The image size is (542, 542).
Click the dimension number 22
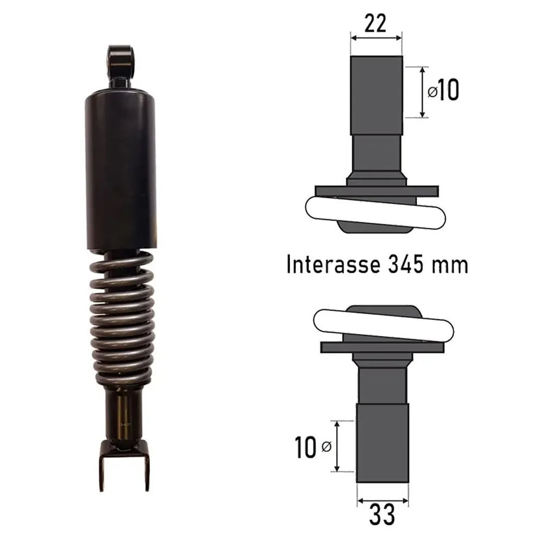pos(376,24)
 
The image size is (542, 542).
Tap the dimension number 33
pos(382,515)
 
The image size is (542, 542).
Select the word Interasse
pos(333,264)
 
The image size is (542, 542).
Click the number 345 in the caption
pos(405,264)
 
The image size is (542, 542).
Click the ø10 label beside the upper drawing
pos(443,90)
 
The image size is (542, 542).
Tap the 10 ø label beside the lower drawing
pos(313,447)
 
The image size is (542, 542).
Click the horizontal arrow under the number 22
pos(376,37)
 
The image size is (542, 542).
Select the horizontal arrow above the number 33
pos(383,500)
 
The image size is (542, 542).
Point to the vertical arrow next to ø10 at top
pos(422,92)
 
